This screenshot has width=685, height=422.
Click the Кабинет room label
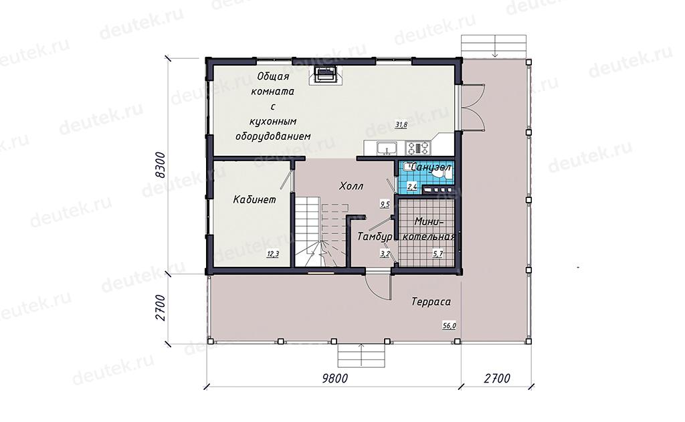[x=254, y=200]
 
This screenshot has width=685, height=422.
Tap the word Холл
[x=351, y=186]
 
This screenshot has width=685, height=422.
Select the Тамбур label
[x=375, y=237]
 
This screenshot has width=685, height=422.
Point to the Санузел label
[x=431, y=167]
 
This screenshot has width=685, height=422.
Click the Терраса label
[x=431, y=302]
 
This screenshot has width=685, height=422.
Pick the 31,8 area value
[x=401, y=125]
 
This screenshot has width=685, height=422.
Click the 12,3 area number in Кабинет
[x=273, y=254]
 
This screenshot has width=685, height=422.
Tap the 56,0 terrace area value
[x=450, y=326]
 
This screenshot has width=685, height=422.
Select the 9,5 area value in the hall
[x=385, y=204]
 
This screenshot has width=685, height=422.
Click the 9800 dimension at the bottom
[x=335, y=378]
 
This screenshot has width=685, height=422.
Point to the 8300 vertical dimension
[x=161, y=165]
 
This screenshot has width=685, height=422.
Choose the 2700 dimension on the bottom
[x=497, y=378]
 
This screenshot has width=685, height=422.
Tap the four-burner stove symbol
[x=419, y=148]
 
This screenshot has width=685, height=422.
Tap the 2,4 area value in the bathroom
[x=412, y=187]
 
